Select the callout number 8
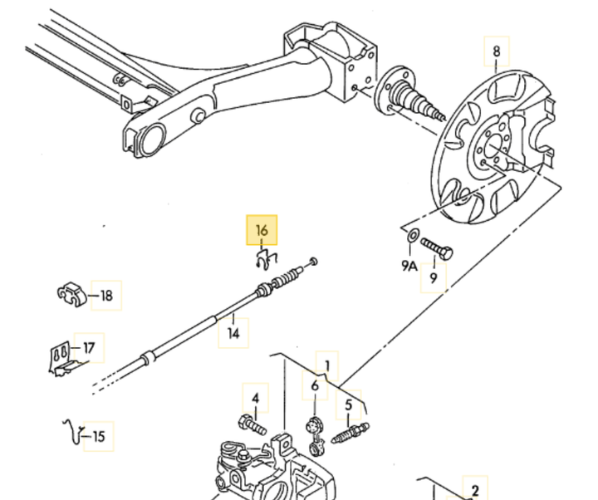pos(497,52)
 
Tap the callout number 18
pos(107,295)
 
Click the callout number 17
pos(89,347)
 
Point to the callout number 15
pos(99,435)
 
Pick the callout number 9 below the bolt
pos(433,278)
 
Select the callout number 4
pos(256,400)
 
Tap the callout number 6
pos(315,386)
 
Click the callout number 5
pos(349,404)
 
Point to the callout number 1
pos(327,364)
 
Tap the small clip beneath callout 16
pos(267,260)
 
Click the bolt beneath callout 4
pos(252,425)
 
